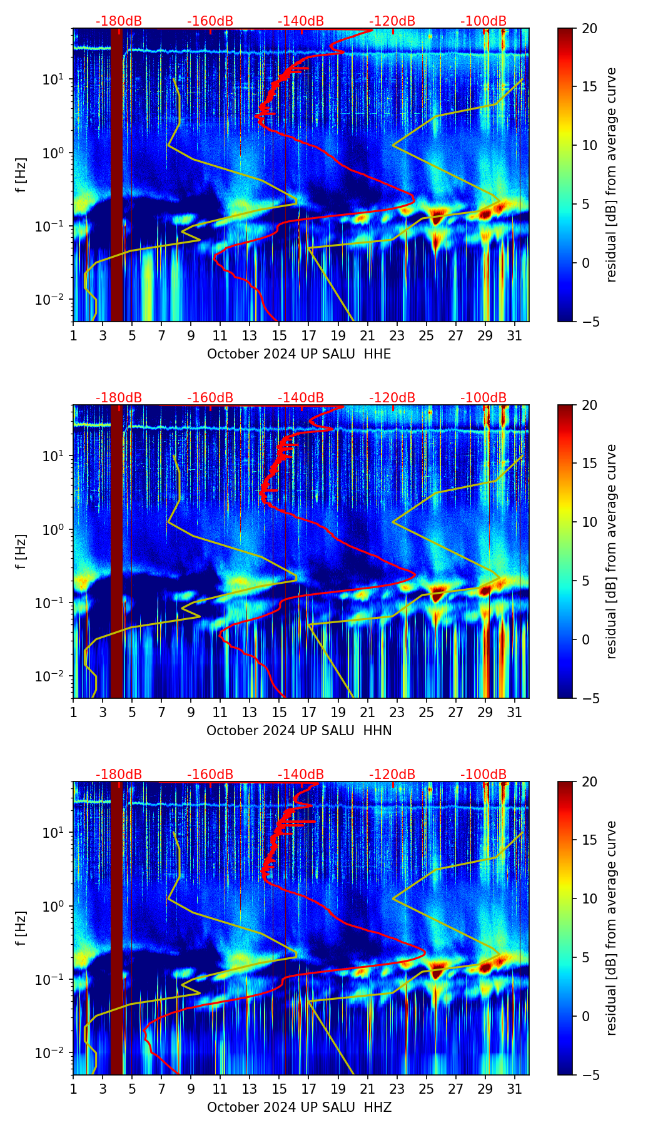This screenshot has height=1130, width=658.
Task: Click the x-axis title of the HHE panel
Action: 299,354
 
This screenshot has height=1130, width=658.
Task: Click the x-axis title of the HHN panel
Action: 299,731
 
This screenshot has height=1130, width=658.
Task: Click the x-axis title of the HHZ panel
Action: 299,1107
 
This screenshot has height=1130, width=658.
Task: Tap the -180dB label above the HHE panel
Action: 119,21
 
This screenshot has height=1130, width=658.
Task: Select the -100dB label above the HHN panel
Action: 483,398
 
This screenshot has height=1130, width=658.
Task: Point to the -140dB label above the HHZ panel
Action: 301,775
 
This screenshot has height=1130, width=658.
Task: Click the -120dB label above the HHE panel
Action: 392,21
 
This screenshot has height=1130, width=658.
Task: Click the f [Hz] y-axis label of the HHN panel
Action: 21,551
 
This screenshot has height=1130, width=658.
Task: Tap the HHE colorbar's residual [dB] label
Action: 611,175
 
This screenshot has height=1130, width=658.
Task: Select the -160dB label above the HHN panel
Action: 210,398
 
